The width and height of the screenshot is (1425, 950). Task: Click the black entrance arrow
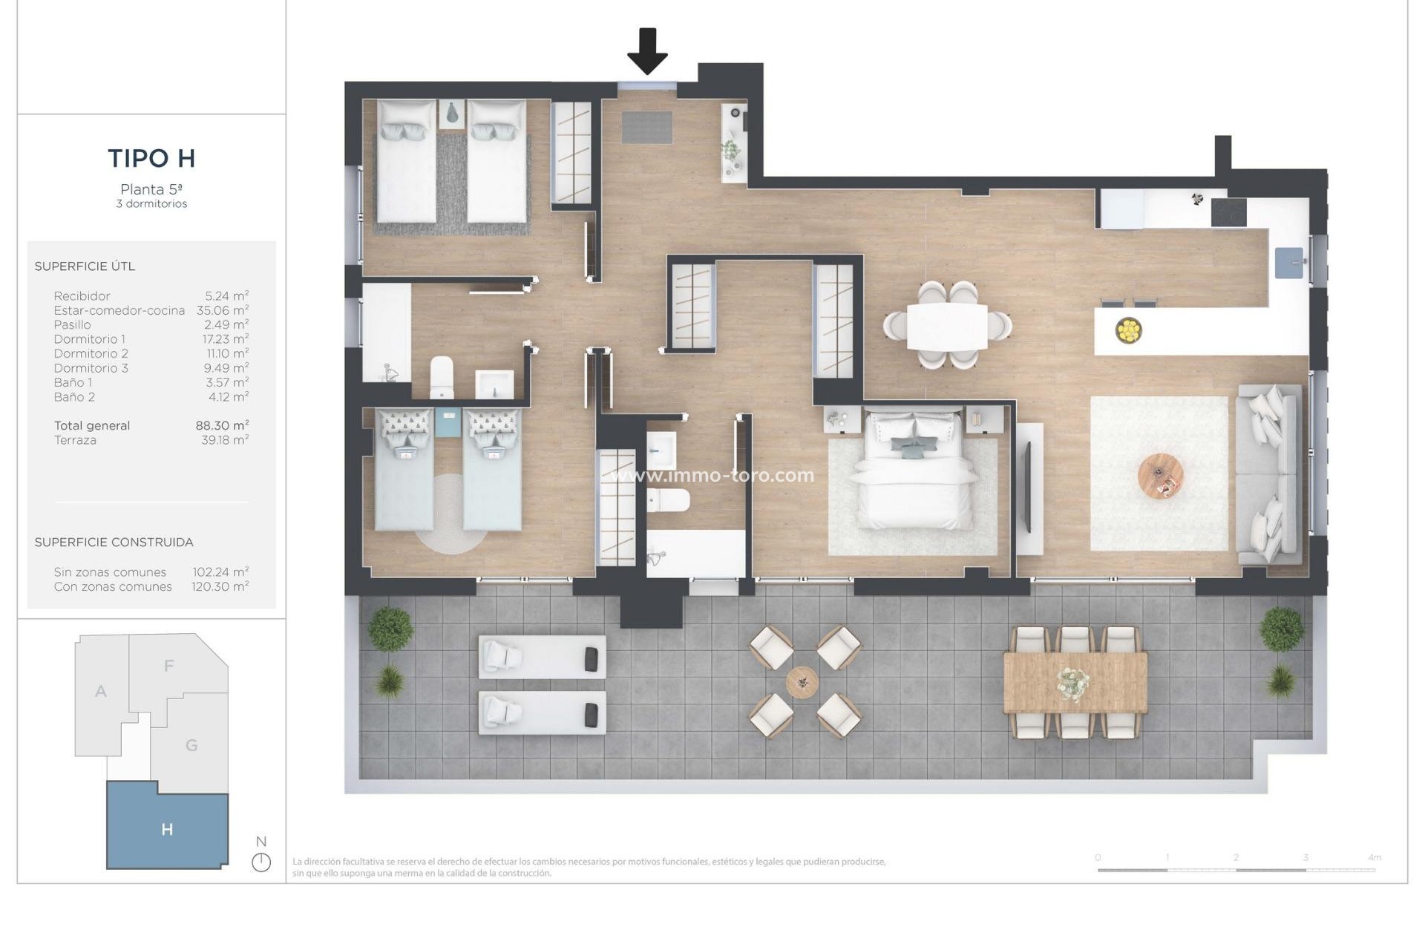pos(647,50)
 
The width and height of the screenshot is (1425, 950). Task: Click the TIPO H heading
pos(151,158)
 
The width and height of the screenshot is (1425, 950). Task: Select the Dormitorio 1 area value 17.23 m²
pos(227,339)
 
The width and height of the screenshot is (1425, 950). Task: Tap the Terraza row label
pos(75,440)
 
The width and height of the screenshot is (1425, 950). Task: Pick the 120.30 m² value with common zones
pos(220,586)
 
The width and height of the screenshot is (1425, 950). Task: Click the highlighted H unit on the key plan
pos(167,829)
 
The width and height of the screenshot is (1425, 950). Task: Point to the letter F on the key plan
pos(168,666)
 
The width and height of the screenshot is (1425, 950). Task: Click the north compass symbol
pos(261,862)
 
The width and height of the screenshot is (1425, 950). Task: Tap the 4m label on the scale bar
pos(1374,857)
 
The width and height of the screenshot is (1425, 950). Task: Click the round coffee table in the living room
pos(1160,476)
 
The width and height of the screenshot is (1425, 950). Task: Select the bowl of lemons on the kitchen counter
pos(1128,330)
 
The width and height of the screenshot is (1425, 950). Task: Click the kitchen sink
pos(1288,263)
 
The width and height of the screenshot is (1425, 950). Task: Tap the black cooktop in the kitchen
pos(1228,212)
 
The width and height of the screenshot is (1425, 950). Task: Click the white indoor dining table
pos(947,326)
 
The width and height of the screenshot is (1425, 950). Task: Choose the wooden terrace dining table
pos(1075,682)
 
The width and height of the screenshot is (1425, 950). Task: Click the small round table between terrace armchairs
pos(802,682)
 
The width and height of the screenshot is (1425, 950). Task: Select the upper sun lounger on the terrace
pos(542,657)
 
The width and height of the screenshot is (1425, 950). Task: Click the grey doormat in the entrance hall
pos(646,127)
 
